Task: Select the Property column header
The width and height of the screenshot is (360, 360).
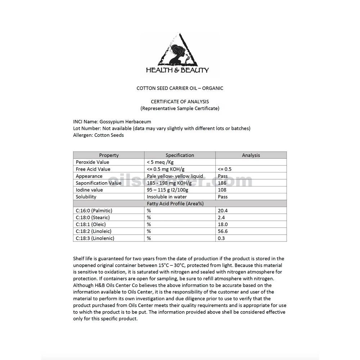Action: click(109, 155)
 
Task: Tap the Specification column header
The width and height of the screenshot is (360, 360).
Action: click(180, 155)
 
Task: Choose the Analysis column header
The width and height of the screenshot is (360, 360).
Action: click(251, 155)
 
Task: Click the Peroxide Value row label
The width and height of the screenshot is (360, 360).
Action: click(93, 162)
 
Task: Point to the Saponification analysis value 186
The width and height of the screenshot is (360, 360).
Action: click(222, 183)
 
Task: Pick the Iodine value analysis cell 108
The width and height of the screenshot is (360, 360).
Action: click(222, 190)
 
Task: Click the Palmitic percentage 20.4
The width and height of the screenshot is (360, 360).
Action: click(223, 211)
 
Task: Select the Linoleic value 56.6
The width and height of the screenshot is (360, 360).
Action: click(223, 231)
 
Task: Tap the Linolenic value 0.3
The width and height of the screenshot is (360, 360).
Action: click(221, 238)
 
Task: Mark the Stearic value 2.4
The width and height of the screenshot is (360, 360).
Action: click(221, 217)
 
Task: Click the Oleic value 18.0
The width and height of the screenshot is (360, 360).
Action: click(223, 224)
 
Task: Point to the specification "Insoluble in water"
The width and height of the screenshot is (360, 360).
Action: click(167, 197)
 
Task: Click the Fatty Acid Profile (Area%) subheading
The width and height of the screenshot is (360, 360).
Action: click(180, 203)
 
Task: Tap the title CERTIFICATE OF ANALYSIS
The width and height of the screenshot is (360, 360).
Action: click(180, 102)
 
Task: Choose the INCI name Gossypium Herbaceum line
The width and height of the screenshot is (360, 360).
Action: click(112, 122)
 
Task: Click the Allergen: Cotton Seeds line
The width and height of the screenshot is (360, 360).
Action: click(98, 135)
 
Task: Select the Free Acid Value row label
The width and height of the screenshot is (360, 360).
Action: click(93, 169)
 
